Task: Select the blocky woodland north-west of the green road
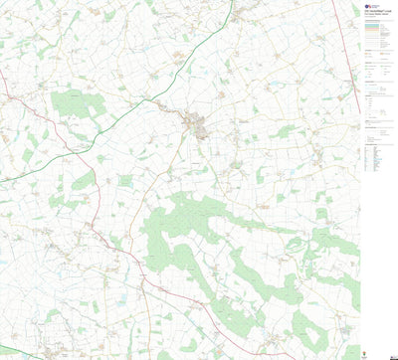coord(72,102)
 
